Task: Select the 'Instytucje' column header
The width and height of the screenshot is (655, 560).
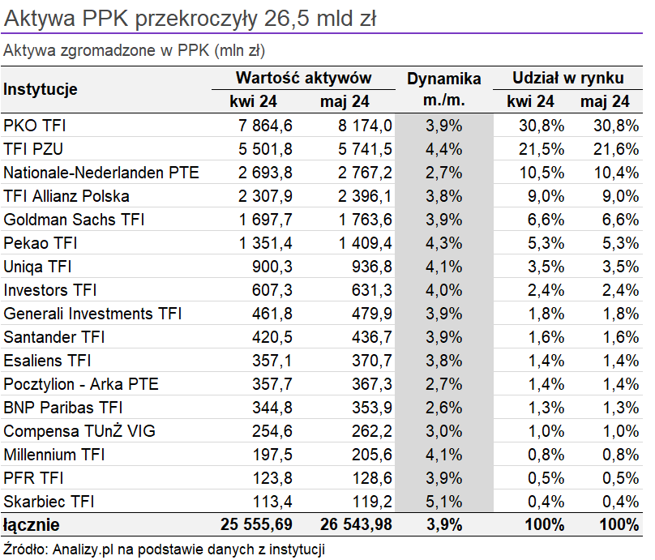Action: [41, 89]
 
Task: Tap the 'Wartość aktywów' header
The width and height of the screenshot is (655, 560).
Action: [303, 78]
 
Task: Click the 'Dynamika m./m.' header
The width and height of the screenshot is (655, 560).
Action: [443, 89]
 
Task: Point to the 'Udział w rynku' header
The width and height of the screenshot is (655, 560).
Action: [567, 78]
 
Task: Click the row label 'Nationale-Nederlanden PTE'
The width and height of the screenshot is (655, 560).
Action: [101, 173]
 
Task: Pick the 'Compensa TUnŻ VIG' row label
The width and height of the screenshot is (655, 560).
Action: [79, 431]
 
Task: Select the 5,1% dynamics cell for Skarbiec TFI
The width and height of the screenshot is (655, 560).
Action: [444, 501]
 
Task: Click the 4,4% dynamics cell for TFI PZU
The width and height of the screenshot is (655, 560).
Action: [444, 149]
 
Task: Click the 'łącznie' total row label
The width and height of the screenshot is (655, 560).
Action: [32, 525]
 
